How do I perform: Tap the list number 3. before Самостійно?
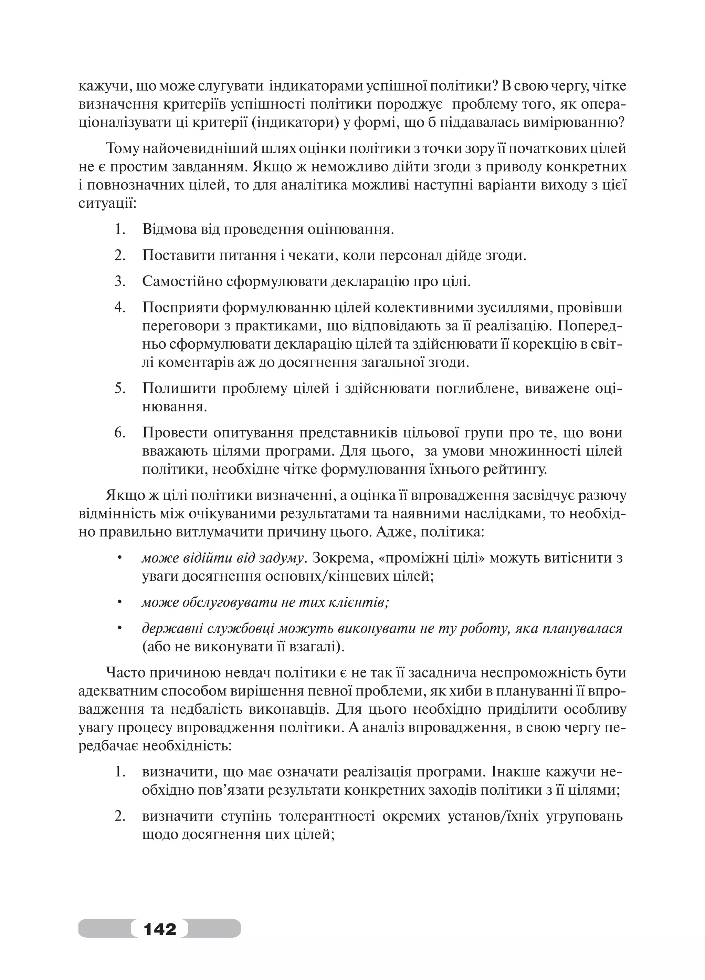pos(119,281)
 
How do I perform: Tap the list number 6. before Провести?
pos(119,433)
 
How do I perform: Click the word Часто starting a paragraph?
pos(123,673)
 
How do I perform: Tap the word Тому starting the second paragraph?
pos(121,148)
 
